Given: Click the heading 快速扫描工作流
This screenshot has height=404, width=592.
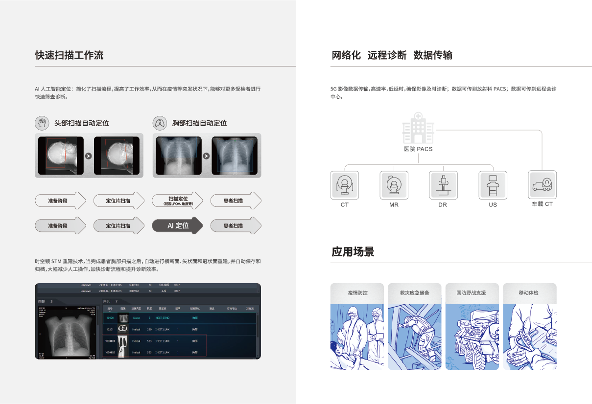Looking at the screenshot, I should (69, 55).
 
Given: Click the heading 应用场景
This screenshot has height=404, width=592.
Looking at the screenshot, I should (353, 252).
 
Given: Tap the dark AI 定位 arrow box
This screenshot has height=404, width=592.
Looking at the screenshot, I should (177, 225).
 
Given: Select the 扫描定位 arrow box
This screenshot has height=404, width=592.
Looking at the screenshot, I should (177, 201).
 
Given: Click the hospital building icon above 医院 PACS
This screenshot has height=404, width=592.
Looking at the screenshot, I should (418, 127).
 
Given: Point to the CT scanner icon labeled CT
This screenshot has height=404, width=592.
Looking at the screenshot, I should (345, 184).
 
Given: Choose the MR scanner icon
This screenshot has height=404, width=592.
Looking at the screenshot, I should (394, 184).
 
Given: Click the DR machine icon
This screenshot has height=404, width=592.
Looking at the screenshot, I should (444, 184).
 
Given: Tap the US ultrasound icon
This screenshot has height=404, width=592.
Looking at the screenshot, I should (493, 184).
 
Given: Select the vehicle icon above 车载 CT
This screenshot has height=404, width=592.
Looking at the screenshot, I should (542, 184).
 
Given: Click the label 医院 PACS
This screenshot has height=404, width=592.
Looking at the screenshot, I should (418, 149).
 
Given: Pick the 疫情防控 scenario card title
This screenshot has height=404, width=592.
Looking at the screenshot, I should (357, 293).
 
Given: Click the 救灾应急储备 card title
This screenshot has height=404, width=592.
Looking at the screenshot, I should (415, 293).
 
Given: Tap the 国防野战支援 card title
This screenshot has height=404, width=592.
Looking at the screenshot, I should (472, 293).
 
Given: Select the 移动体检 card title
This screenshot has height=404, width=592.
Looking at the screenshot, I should (529, 293).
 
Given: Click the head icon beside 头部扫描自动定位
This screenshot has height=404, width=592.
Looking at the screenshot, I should (43, 123).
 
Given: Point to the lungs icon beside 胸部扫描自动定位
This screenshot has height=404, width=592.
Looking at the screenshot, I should (160, 123).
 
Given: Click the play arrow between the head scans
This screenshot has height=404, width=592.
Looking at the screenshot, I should (88, 156).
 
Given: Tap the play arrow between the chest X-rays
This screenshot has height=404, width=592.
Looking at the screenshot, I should (206, 156).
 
